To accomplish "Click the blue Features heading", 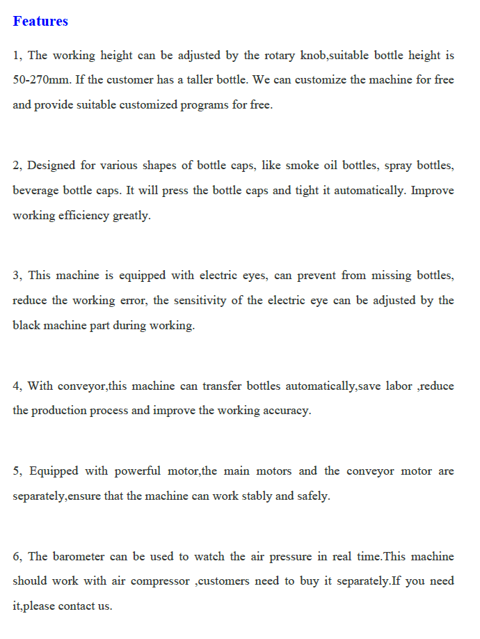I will coord(40,21).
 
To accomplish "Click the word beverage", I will coord(35,191).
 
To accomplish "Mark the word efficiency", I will coord(83,216).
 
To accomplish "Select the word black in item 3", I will coord(26,326).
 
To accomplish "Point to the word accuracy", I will coord(287,411).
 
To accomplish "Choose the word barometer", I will coord(78,557).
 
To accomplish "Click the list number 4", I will coord(17,386).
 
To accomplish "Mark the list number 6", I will coord(17,557).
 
